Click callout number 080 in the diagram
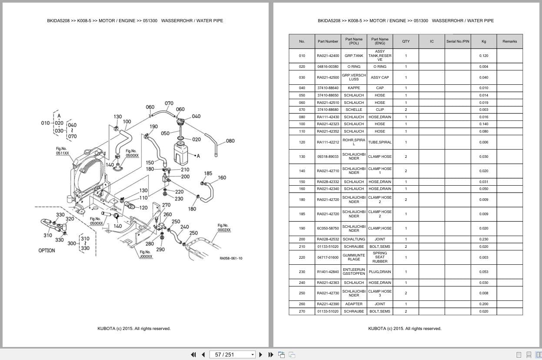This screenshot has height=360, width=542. click(230, 141)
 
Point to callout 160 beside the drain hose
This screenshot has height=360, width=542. click(222, 177)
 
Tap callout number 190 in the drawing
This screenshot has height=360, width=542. click(153, 127)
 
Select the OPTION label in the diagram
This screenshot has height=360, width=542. click(47, 250)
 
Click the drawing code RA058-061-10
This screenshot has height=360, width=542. click(231, 258)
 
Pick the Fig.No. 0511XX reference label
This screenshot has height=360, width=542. click(62, 151)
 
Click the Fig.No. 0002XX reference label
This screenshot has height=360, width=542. click(224, 227)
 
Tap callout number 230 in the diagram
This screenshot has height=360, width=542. click(179, 199)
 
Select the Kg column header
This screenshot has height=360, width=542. click(483, 41)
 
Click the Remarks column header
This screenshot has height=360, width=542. click(509, 41)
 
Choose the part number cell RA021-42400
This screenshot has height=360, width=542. click(328, 56)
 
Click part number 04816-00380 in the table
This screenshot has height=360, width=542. click(328, 67)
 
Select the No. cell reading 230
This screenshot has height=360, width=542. click(302, 272)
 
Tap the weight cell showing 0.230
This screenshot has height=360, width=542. click(483, 239)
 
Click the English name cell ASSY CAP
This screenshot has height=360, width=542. click(379, 77)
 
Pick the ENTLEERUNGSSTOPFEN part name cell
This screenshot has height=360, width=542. click(354, 272)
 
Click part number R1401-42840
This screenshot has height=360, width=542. click(328, 272)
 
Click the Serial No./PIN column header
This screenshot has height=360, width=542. click(457, 41)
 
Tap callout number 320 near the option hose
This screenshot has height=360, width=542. click(70, 219)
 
